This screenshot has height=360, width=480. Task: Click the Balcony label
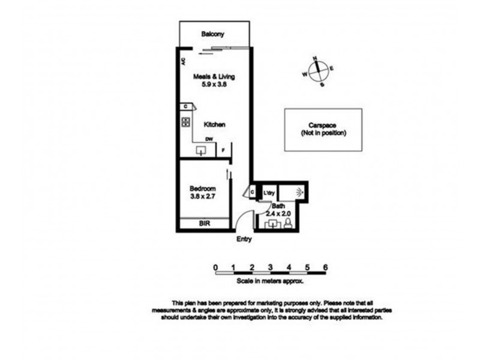tap(213, 34)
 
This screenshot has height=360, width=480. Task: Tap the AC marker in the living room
tap(183, 61)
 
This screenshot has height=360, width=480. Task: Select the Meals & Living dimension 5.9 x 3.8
tap(213, 86)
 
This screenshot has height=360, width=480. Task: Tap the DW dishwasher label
tap(209, 140)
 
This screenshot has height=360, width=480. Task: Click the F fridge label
tap(223, 151)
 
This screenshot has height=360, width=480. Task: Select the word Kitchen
tap(214, 125)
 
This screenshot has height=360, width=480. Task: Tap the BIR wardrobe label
tap(205, 224)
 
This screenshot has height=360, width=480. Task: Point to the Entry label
tap(244, 239)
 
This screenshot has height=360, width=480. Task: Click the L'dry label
tap(269, 193)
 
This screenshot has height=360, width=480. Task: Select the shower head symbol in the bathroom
tap(300, 193)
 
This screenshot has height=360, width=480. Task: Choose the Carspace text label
tap(323, 125)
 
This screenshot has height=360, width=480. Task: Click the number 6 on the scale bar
tap(325, 268)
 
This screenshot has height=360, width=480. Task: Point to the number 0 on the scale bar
tap(215, 268)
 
